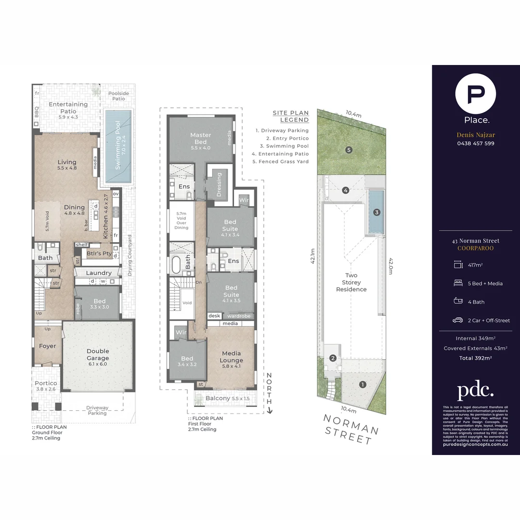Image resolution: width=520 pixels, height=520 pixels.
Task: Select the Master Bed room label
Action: tap(200, 139)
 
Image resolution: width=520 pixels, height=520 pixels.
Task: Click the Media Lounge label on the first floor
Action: tap(231, 357)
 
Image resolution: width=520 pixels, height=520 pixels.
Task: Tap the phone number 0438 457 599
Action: tap(476, 143)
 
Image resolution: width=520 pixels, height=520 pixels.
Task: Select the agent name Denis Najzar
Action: tap(476, 135)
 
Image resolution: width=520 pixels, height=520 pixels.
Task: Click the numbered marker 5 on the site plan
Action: tap(349, 150)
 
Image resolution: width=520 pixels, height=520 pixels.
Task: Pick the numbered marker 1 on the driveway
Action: tap(363, 384)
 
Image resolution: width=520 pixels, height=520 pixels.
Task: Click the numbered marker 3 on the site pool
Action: tap(377, 212)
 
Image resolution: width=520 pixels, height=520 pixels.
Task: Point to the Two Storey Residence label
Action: tap(351, 283)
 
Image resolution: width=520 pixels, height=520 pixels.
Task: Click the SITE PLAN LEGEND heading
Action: tap(291, 117)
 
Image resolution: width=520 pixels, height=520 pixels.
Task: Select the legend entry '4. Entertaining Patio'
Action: tap(280, 154)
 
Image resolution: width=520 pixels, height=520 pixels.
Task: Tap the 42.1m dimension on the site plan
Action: tap(312, 256)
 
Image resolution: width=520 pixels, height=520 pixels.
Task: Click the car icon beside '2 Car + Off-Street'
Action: tap(457, 320)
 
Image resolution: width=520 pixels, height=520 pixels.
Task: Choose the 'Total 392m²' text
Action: tap(476, 358)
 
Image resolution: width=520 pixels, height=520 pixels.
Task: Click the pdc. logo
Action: tap(476, 390)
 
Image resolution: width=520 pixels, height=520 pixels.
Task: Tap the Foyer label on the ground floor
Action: tap(47, 346)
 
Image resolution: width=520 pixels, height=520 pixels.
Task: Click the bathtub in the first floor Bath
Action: tap(176, 265)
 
